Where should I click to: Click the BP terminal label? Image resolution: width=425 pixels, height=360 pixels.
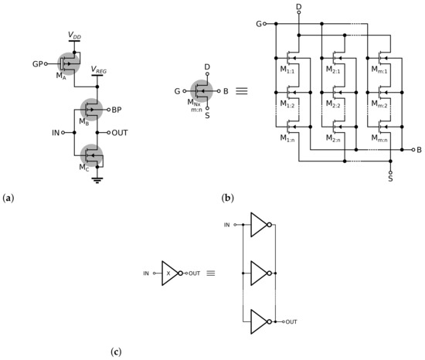tap(117, 110)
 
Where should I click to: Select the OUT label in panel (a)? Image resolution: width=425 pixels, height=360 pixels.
tap(120, 133)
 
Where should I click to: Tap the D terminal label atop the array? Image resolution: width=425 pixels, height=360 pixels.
tap(298, 7)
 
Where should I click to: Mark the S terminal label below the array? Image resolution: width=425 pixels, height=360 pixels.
tap(391, 178)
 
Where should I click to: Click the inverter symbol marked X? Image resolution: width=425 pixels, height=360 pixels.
tap(170, 273)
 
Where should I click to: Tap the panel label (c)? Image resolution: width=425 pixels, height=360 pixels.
tap(116, 353)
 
